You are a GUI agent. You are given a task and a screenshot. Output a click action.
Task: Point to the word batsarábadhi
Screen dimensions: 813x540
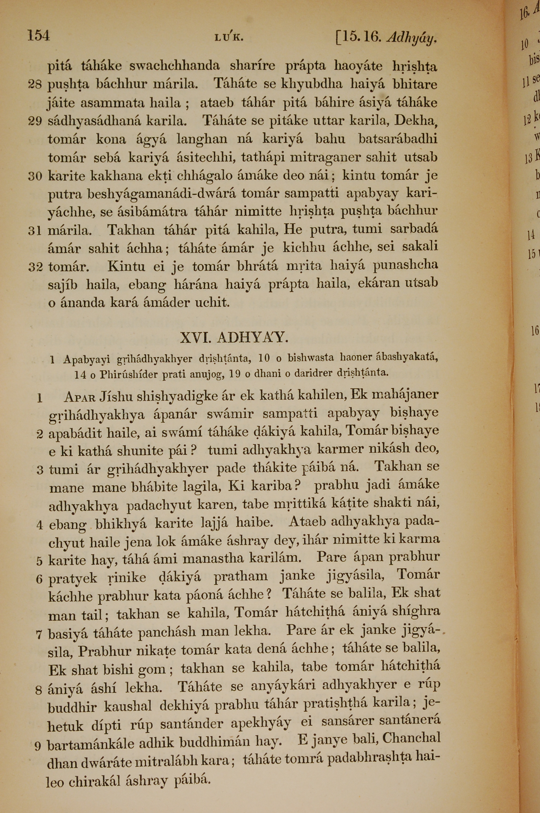click(398, 139)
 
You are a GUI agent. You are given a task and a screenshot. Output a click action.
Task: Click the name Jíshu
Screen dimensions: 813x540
click(116, 397)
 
